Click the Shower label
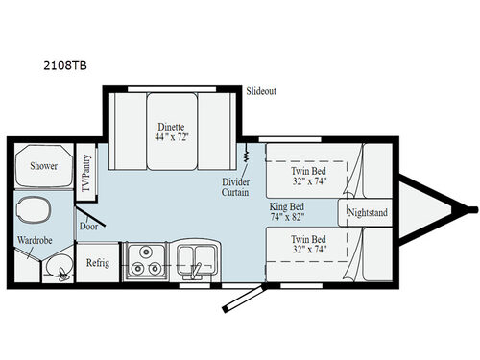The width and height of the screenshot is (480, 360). (42, 166)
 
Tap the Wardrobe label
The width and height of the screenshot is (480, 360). (33, 239)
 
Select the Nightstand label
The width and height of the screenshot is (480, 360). (367, 211)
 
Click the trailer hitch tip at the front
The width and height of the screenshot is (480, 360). (472, 208)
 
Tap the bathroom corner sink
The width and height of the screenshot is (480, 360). (60, 272)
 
